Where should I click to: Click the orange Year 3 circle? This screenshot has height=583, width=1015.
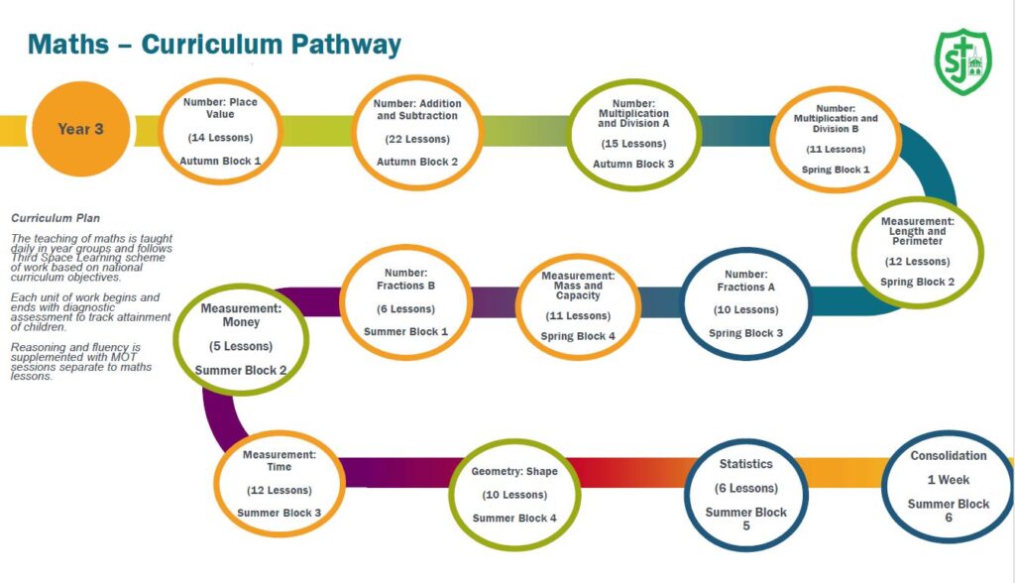click(x=81, y=129)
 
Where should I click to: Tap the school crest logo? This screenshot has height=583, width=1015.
click(x=961, y=61)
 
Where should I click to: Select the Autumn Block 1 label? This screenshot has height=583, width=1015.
click(x=220, y=161)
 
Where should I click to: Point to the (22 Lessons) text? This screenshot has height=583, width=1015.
click(x=417, y=139)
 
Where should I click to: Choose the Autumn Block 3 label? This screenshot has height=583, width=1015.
click(x=633, y=164)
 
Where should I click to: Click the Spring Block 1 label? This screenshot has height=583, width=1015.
click(x=836, y=170)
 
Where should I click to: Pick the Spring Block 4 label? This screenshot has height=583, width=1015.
click(x=578, y=336)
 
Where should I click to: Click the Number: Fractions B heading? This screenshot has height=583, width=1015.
click(x=406, y=279)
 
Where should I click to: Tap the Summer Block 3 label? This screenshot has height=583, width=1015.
click(x=279, y=513)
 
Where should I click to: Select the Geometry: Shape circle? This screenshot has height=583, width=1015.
click(x=514, y=494)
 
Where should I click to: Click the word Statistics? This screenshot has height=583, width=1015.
click(x=745, y=464)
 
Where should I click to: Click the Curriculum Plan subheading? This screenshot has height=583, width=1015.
click(x=56, y=218)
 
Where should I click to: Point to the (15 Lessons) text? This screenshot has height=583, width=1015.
click(x=633, y=143)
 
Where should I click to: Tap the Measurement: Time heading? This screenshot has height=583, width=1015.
click(x=279, y=461)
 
